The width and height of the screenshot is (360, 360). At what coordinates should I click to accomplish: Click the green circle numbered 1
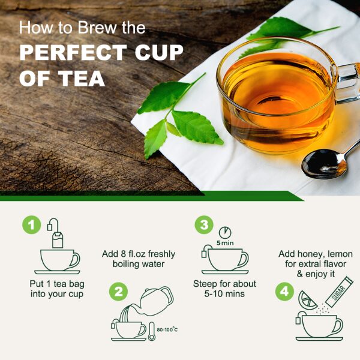[31, 225]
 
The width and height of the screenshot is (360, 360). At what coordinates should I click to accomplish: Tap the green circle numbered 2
[118, 292]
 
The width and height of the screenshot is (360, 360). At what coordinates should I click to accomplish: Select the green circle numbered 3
[204, 225]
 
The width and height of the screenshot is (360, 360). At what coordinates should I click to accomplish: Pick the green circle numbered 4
[284, 292]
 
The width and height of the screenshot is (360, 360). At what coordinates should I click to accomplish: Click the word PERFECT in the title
[73, 53]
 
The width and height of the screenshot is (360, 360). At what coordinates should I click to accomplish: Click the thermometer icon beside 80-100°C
[152, 331]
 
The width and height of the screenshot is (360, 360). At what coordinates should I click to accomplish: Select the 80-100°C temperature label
[167, 329]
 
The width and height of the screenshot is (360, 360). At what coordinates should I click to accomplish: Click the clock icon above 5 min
[225, 232]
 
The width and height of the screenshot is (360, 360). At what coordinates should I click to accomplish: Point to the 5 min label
[225, 243]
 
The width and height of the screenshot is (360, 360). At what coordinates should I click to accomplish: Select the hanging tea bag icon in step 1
[56, 233]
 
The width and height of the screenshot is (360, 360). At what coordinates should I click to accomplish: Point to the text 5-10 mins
[224, 294]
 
